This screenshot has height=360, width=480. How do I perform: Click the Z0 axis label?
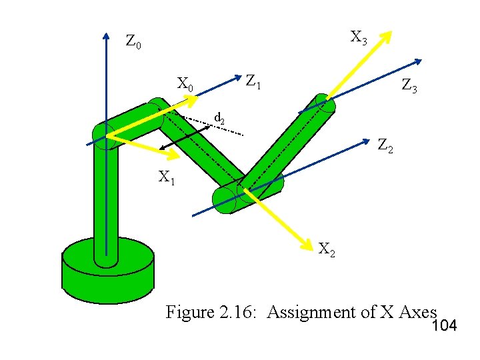click(x=133, y=42)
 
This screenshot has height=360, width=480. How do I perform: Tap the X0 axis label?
click(x=185, y=85)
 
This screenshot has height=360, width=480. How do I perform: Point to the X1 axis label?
click(x=166, y=177)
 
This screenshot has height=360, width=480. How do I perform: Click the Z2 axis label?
click(x=385, y=145)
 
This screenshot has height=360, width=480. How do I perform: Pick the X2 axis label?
click(x=327, y=250)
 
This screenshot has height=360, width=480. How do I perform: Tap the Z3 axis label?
click(x=408, y=85)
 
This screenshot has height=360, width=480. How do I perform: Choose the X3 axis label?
click(x=359, y=37)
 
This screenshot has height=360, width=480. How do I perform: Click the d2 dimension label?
click(x=219, y=119)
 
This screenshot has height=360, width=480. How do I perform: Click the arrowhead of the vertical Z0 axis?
click(x=106, y=35)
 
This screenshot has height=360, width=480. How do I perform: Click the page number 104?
click(x=445, y=326)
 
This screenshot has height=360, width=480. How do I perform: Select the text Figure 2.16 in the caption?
click(x=212, y=311)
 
